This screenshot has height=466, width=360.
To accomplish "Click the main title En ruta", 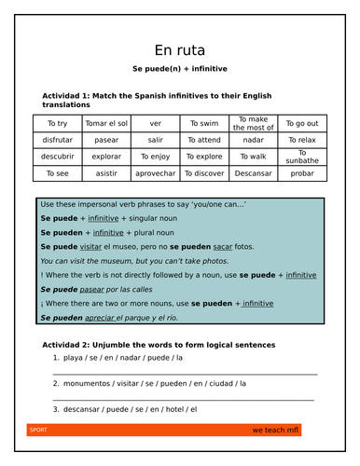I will (180, 50).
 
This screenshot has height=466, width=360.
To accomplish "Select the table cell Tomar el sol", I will (105, 123).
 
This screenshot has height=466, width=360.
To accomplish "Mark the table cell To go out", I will (301, 123).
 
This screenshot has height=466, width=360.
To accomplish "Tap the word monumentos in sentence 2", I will (90, 383).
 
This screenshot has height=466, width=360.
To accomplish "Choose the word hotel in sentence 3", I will (174, 409).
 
